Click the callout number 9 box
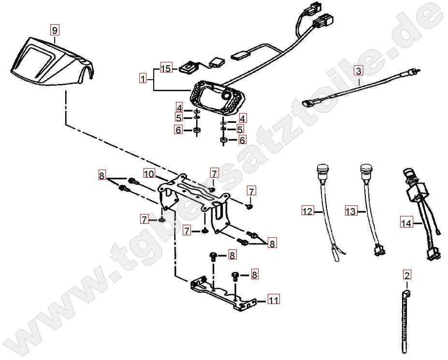(x=55, y=30)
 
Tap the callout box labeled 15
(x=166, y=69)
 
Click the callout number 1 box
(x=142, y=77)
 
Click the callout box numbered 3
(x=358, y=71)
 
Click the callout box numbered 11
(x=273, y=300)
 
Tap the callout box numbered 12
(x=307, y=211)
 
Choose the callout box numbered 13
(x=351, y=211)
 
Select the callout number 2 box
(x=406, y=276)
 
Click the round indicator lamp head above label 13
(x=366, y=171)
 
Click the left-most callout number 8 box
(x=101, y=175)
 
